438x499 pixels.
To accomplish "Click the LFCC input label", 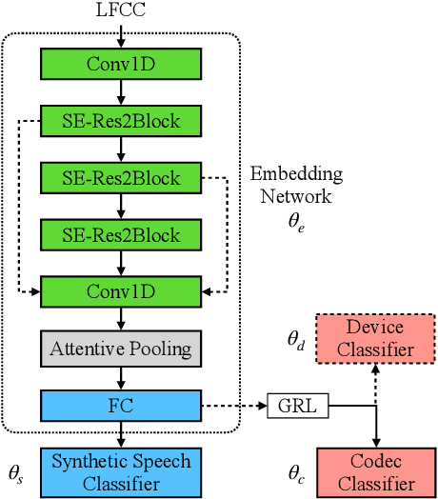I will (x=122, y=12).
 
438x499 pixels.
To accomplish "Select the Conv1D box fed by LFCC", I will (x=121, y=64).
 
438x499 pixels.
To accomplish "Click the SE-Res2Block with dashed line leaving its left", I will (x=121, y=120).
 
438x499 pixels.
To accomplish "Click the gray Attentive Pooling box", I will (x=121, y=348).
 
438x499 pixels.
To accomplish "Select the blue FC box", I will (x=121, y=406).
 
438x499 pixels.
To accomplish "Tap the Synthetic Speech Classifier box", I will (x=121, y=473).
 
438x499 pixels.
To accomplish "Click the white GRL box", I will (x=297, y=407).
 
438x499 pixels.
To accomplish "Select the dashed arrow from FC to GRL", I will (x=234, y=407).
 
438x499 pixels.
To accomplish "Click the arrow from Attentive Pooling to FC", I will (x=121, y=376).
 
